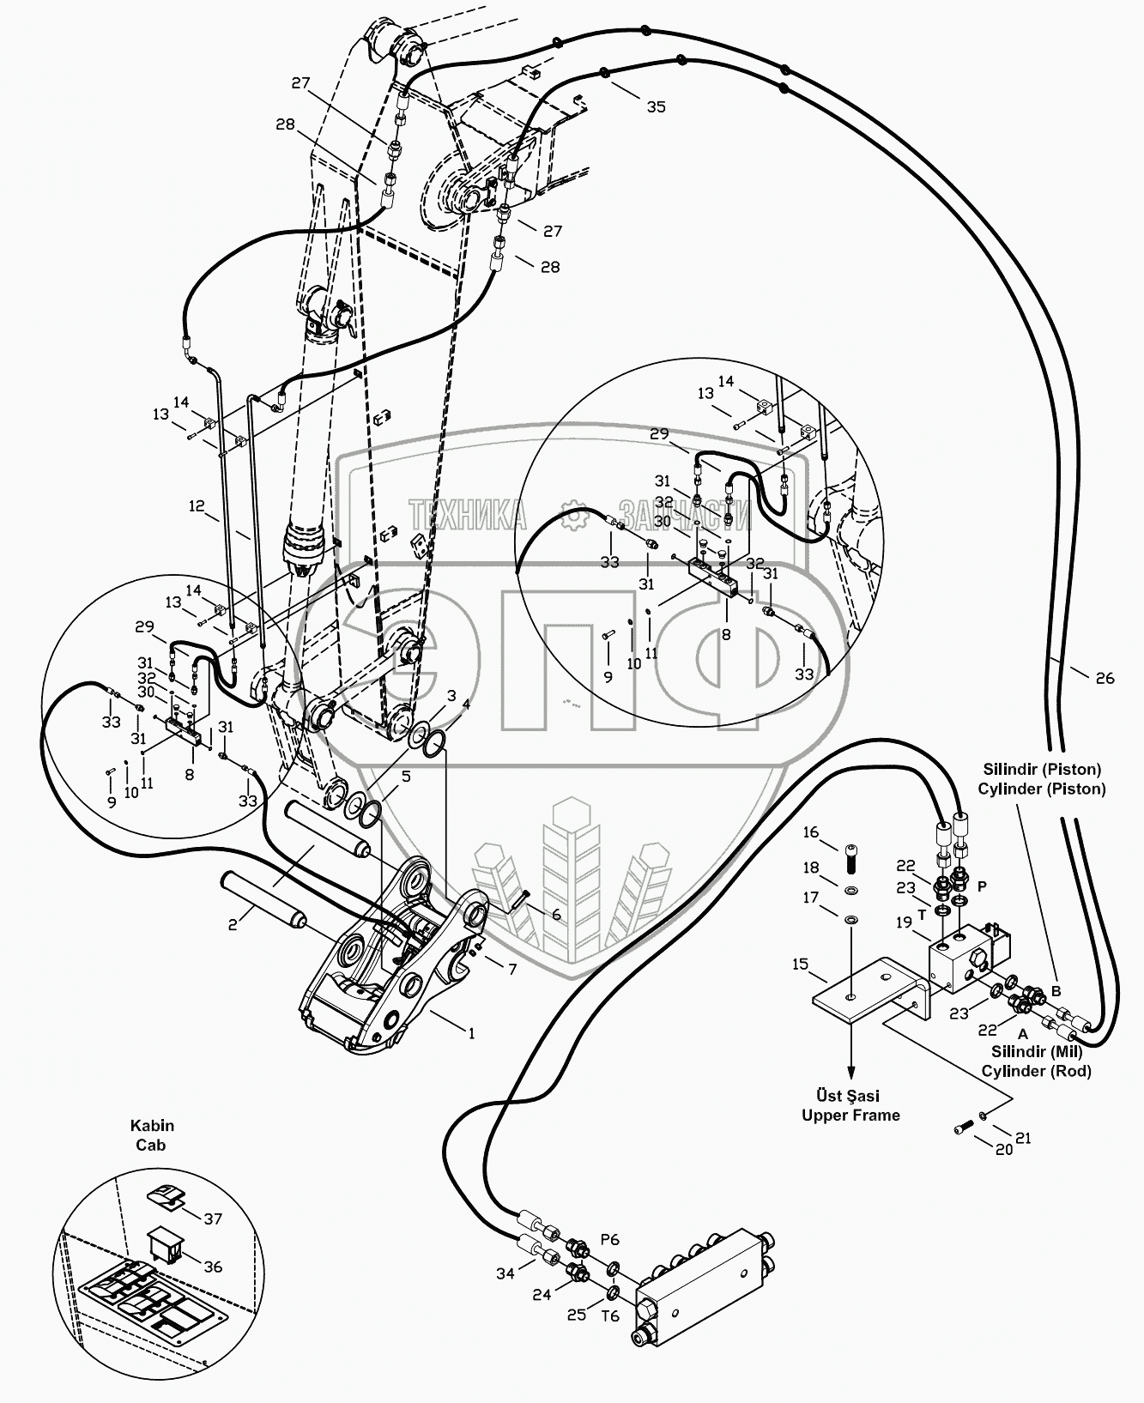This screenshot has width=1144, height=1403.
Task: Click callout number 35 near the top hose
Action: (656, 107)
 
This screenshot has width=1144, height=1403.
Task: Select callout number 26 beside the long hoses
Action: (1105, 678)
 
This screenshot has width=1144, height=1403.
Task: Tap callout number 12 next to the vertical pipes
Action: (198, 506)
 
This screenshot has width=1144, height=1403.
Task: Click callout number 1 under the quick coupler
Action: (470, 1033)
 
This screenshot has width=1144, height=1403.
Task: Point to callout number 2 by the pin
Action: (231, 924)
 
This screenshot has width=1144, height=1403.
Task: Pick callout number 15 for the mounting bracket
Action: (800, 965)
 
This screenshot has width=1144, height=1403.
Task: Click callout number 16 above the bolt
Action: (811, 833)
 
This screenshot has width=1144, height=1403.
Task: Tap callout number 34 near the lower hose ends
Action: (505, 1273)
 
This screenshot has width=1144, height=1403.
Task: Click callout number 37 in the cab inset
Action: (214, 1219)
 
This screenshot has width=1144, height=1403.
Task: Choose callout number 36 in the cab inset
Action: (214, 1266)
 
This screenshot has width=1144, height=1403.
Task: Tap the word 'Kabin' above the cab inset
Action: (152, 1126)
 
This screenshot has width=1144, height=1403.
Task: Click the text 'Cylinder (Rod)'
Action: (1036, 1071)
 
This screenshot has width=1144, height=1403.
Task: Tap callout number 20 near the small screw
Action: (1003, 1149)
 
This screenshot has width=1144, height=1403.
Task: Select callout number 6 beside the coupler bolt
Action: (556, 915)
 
